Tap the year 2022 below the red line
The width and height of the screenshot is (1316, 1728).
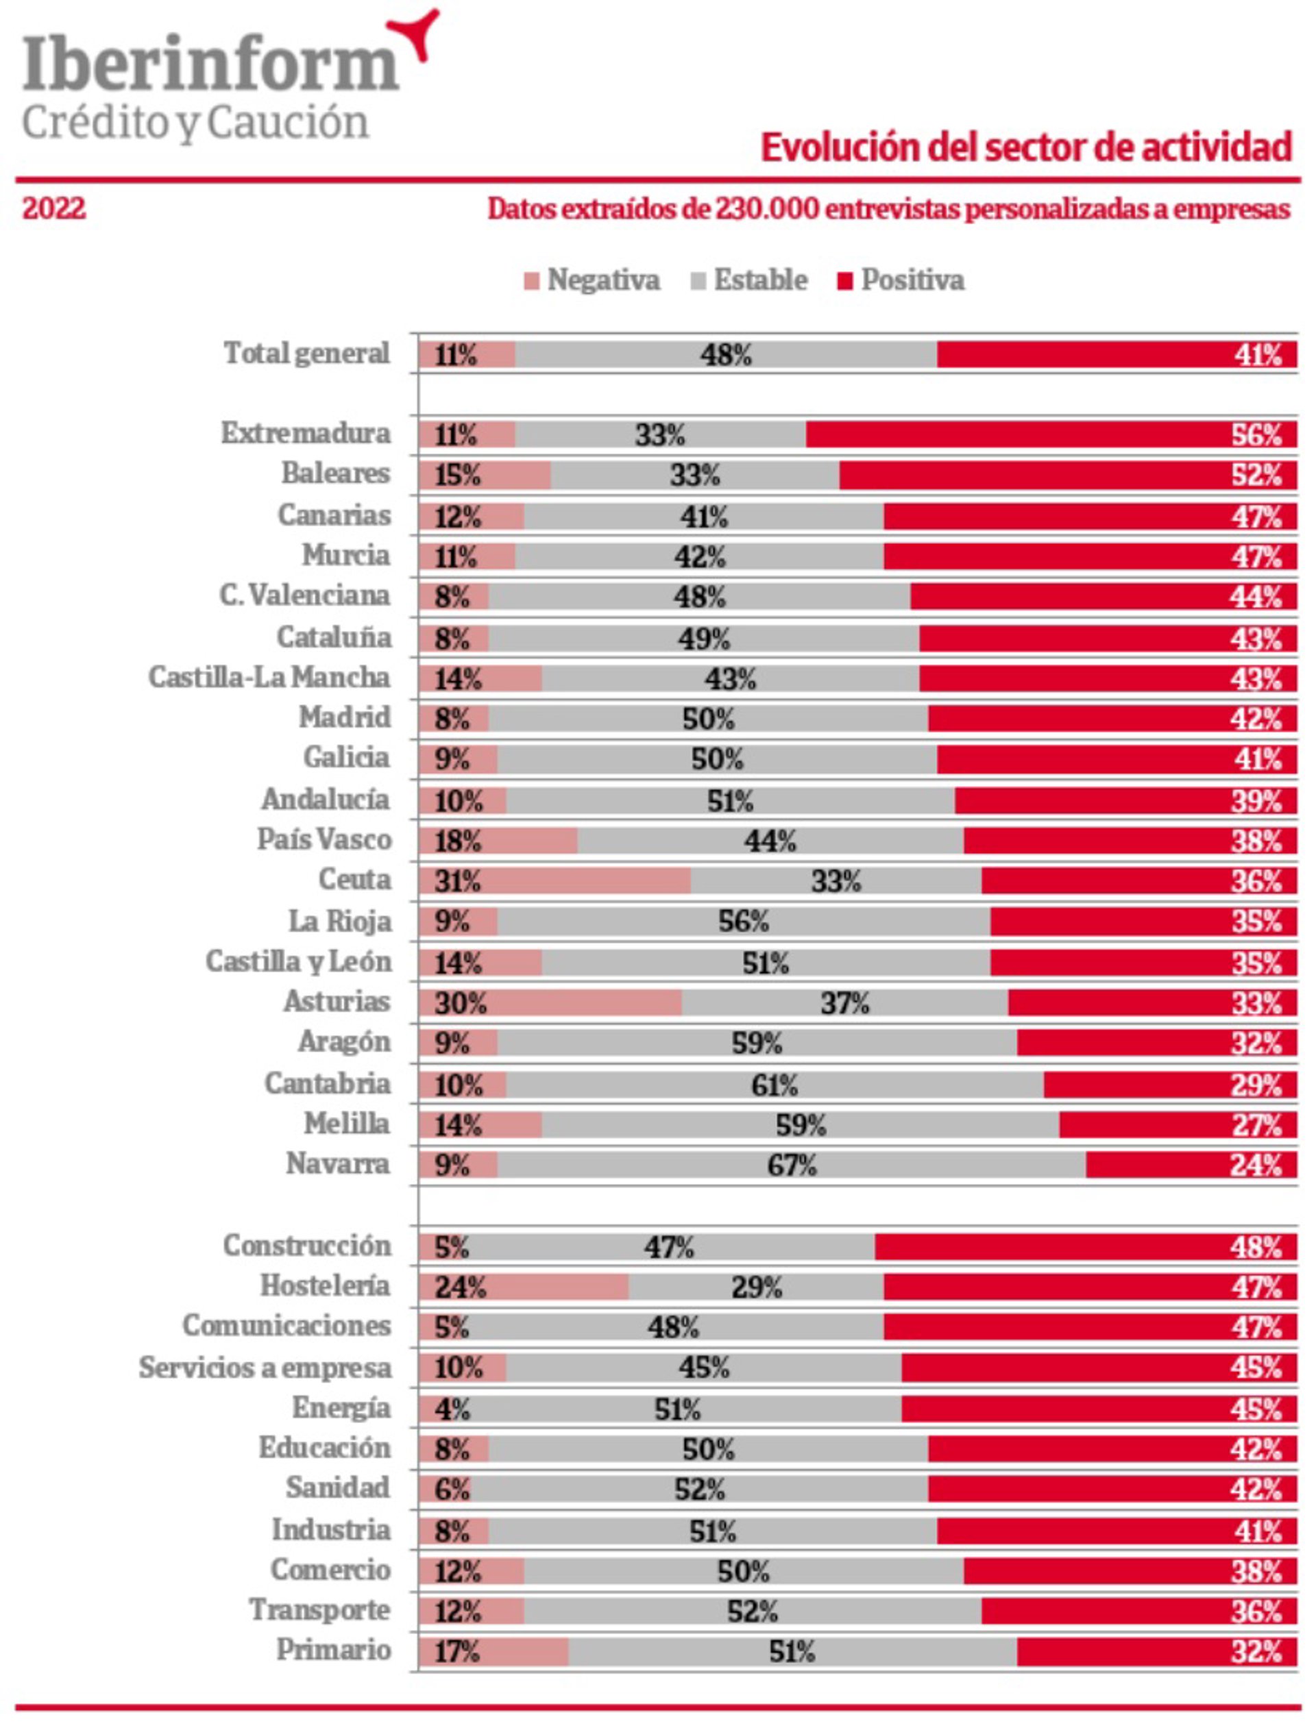[x=54, y=209]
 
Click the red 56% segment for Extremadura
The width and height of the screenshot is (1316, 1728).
[x=1049, y=434]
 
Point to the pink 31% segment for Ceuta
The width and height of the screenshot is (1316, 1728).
[x=554, y=881]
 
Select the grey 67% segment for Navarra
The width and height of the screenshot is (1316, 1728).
[x=791, y=1165]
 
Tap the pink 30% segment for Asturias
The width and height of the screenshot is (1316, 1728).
[x=550, y=1003]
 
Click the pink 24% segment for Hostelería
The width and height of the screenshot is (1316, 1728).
[x=523, y=1287]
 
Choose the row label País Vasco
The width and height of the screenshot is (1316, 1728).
[x=324, y=839]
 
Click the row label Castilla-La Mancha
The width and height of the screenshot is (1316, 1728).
[x=269, y=677]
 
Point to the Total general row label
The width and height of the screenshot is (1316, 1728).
[x=307, y=353]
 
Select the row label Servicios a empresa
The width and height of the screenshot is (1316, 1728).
[x=265, y=1368]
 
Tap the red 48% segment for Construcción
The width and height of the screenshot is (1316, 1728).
[x=1085, y=1247]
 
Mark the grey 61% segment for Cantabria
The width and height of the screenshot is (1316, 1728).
[x=774, y=1085]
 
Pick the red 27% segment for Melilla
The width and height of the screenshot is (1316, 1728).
[x=1178, y=1125]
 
